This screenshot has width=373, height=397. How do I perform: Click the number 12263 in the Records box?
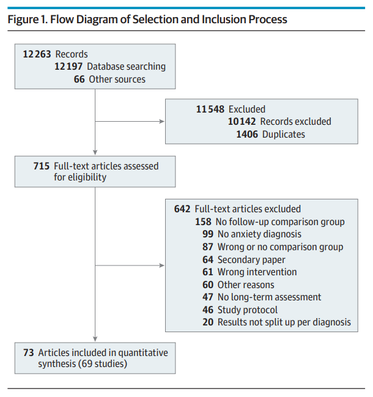coord(37,54)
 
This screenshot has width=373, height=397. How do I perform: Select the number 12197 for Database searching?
coord(68,67)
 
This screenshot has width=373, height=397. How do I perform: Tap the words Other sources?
coord(117,80)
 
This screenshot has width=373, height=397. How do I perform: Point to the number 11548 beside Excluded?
coord(210,109)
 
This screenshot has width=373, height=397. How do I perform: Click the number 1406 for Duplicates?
coord(247,134)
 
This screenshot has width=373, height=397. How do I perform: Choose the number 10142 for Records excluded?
coord(242,122)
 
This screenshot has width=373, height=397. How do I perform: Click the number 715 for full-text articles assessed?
coord(42,166)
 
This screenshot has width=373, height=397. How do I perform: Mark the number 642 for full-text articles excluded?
coord(182,209)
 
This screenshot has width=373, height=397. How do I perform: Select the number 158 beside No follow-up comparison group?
coord(203,222)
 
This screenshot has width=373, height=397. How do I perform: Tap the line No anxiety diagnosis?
coord(252,234)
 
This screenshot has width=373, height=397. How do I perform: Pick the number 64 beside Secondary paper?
coord(208,260)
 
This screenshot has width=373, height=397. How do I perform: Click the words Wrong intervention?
coord(257,272)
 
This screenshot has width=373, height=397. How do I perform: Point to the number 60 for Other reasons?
coord(208,285)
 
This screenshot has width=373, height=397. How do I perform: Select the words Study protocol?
coord(248,310)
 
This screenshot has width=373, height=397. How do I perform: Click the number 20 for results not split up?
coord(208,322)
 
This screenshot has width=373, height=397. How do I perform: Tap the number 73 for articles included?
coord(29,353)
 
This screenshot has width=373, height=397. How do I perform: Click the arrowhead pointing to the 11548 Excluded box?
coord(162,122)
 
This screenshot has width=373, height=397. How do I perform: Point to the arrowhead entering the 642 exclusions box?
coord(162,265)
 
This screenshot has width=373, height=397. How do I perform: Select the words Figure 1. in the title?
coord(28,20)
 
